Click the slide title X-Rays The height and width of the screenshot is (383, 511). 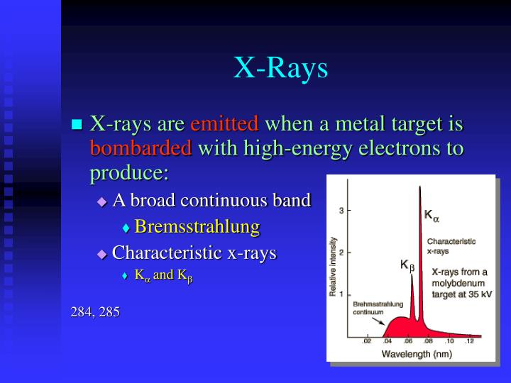tap(281, 67)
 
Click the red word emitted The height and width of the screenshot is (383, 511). tap(225, 124)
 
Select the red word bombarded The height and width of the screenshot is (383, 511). tap(141, 149)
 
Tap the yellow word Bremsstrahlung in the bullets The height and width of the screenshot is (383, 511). tap(197, 227)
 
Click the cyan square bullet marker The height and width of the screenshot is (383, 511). tap(77, 126)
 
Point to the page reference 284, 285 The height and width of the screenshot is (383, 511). tap(95, 311)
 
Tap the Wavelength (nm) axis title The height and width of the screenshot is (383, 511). tap(416, 353)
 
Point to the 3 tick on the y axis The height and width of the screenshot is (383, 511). tap(341, 211)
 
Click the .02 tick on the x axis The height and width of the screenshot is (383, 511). tap(367, 342)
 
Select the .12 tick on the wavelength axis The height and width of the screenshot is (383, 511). tap(468, 342)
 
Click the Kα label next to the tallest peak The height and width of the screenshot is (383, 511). tap(432, 214)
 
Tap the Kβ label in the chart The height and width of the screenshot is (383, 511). tap(407, 265)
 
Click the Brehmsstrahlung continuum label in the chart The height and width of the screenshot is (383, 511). tap(370, 308)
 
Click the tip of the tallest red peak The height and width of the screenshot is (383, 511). tap(419, 187)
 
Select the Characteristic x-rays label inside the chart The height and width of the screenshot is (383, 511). tap(451, 245)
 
